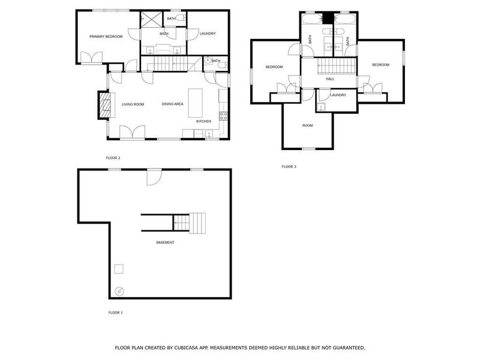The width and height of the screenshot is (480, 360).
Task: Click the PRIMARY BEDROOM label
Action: click(x=106, y=37)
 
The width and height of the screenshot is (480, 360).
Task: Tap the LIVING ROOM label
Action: click(x=133, y=104)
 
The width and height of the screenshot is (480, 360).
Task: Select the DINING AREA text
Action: click(x=172, y=104)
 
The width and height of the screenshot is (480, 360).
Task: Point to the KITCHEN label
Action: click(x=204, y=121)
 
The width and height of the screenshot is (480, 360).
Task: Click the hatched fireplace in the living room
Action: click(x=105, y=103)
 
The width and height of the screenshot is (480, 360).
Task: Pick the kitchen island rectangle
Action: click(x=195, y=103)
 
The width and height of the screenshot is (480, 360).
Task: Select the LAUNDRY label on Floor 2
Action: click(x=208, y=34)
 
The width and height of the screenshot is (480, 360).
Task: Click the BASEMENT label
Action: click(x=165, y=242)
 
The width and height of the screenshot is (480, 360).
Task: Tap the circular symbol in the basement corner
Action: click(x=119, y=292)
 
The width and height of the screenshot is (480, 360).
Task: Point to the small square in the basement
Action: click(x=119, y=268)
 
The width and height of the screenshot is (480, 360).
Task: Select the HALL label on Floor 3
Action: click(x=330, y=79)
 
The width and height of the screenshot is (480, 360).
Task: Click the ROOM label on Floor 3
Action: click(x=307, y=125)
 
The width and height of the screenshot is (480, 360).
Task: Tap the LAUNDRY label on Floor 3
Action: click(x=338, y=95)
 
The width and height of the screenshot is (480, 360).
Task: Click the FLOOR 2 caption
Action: click(x=113, y=158)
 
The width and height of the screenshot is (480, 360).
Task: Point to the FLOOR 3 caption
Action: click(x=289, y=166)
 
